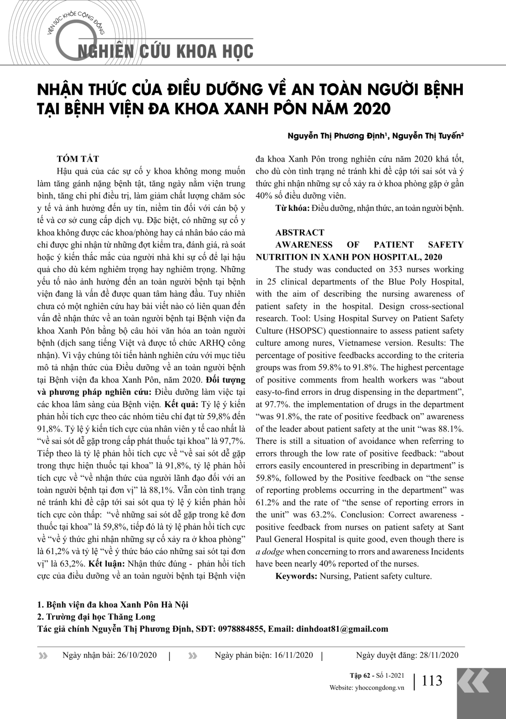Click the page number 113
[432, 681]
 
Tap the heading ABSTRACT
[299, 232]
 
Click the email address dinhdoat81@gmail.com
[341, 629]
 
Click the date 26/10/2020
[137, 655]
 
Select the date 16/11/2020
[293, 655]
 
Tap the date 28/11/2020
[439, 655]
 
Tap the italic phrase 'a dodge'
[270, 552]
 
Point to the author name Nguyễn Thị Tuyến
[428, 136]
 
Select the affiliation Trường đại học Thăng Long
[100, 617]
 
